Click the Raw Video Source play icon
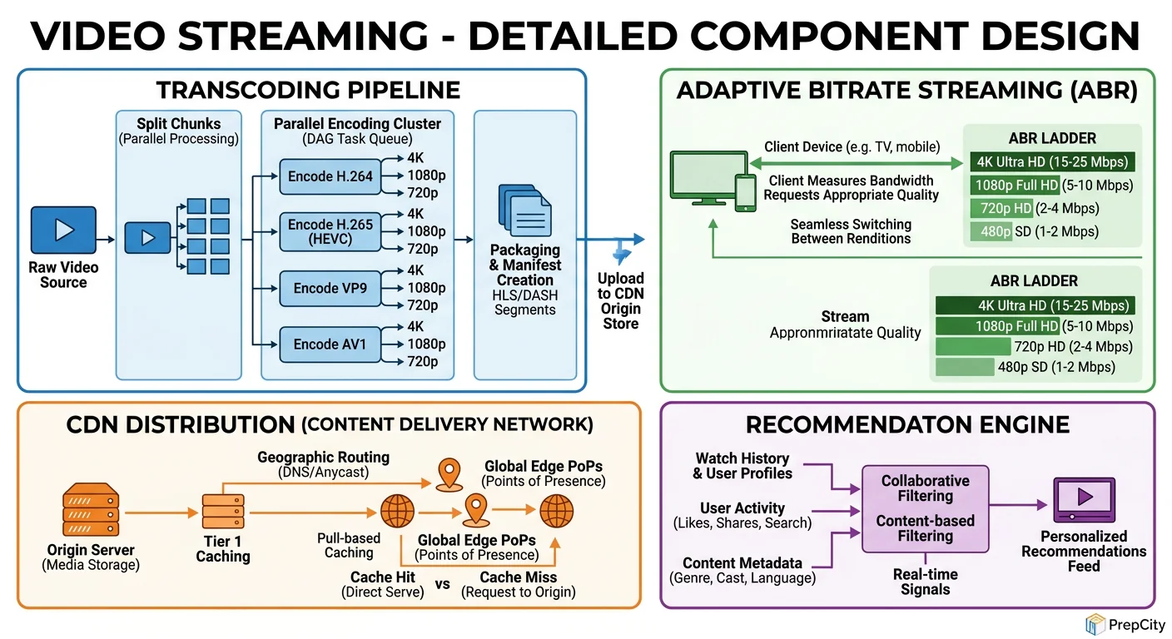[63, 230]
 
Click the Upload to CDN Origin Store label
[621, 300]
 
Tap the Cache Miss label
[518, 577]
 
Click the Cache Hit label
[384, 577]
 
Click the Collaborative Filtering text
[925, 488]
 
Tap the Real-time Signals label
[925, 582]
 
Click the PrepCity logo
[1124, 624]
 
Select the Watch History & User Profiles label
[742, 466]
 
